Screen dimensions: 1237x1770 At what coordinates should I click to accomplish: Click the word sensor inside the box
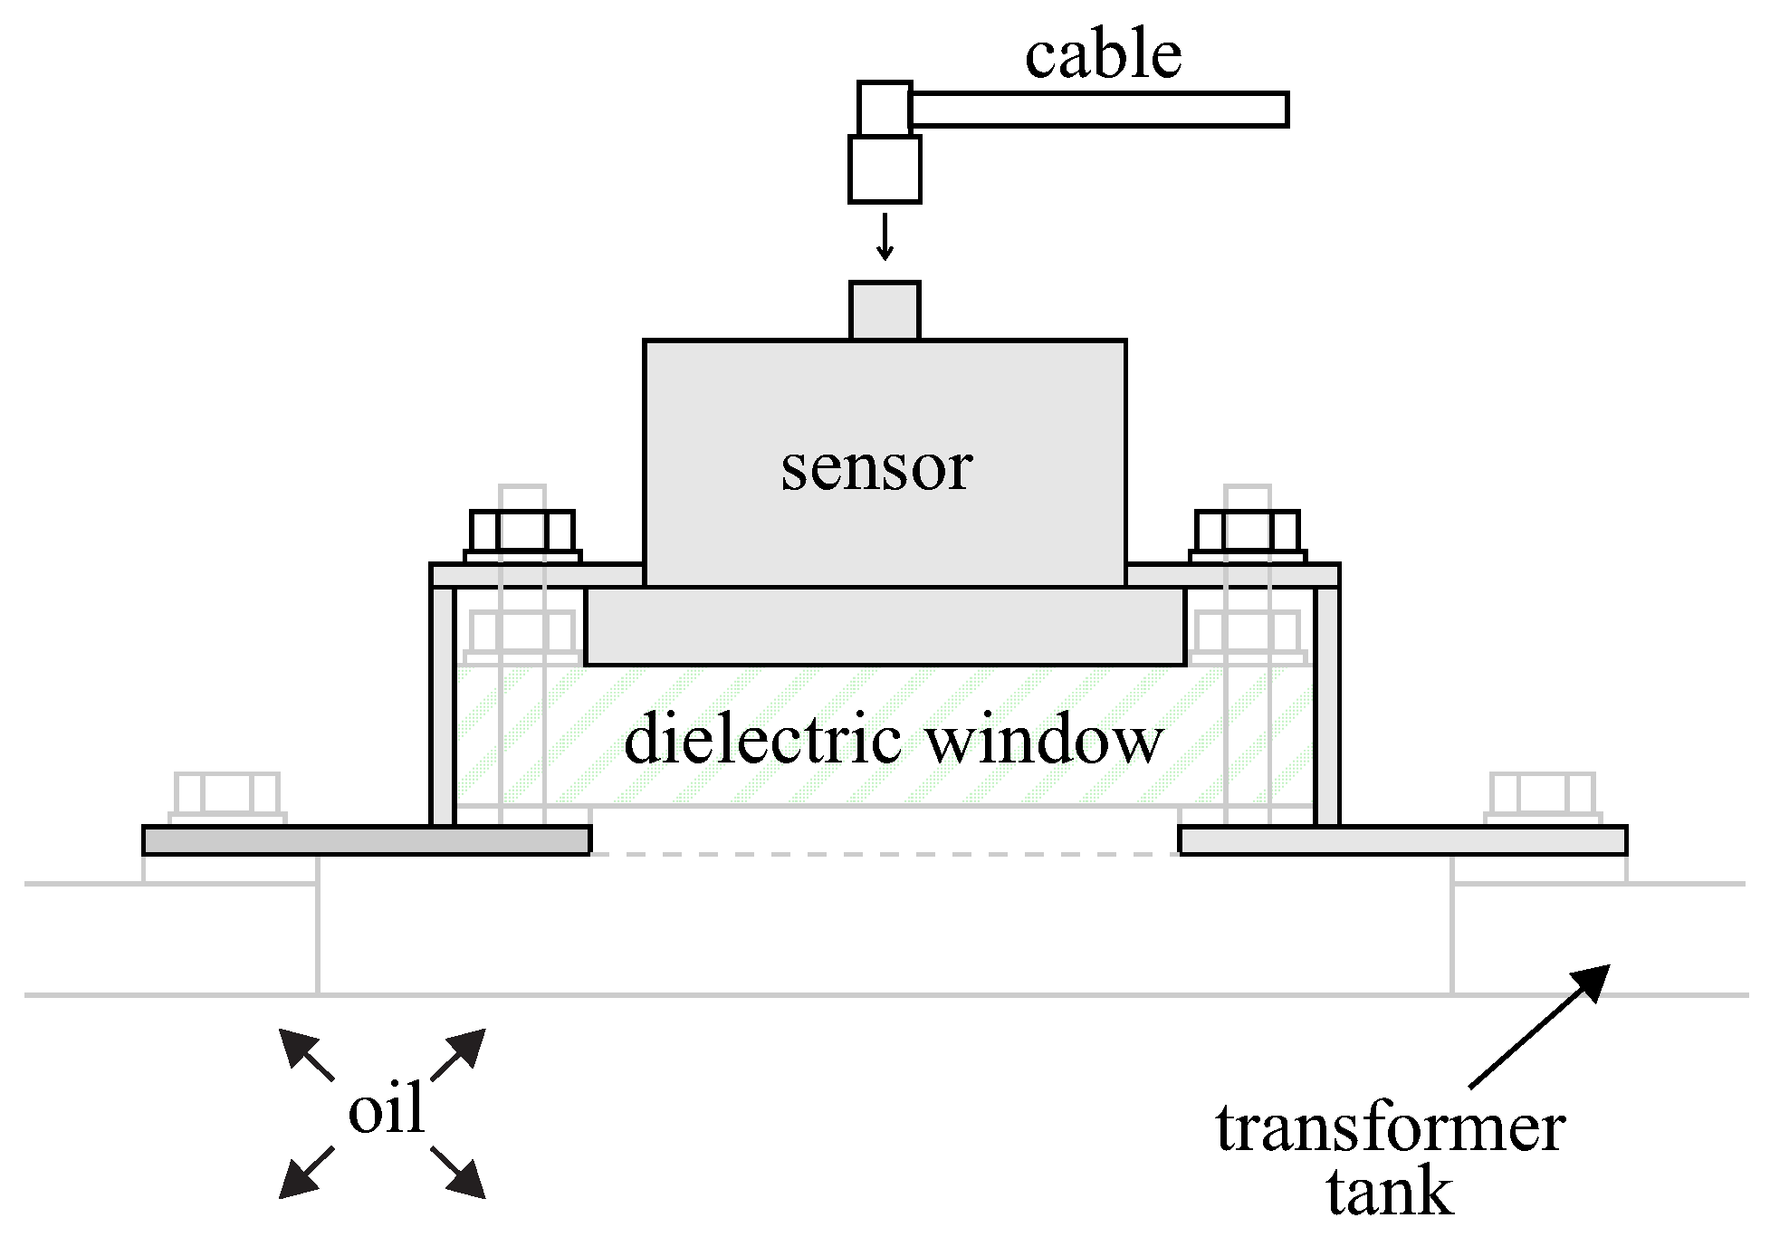876,468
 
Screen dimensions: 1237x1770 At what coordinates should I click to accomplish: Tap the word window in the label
1046,740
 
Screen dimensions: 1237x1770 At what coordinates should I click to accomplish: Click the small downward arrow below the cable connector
885,237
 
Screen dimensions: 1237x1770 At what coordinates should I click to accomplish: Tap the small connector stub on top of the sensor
885,311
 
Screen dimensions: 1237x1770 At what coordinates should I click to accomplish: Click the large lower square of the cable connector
885,169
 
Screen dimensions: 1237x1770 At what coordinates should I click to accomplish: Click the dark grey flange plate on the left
366,840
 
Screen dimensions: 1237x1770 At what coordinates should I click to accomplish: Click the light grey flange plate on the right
1402,840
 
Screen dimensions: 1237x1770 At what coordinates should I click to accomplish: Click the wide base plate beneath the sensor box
885,627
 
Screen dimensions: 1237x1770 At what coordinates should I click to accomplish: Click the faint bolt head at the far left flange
226,794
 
